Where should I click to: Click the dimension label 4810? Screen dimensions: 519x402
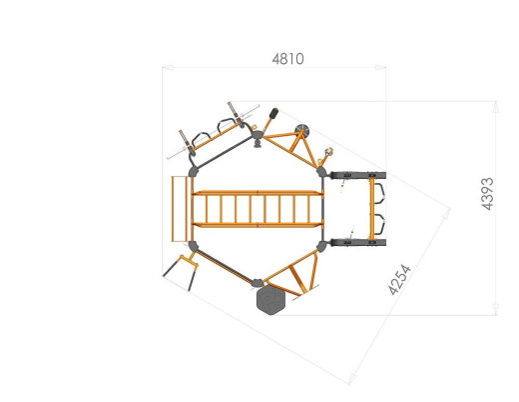(287, 59)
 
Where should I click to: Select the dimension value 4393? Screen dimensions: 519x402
(488, 194)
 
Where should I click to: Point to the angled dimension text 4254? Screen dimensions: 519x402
(399, 280)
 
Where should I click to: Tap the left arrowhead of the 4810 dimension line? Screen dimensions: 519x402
(168, 68)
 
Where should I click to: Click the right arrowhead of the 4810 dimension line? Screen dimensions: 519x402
(380, 68)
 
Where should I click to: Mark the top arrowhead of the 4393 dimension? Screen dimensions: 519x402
(496, 107)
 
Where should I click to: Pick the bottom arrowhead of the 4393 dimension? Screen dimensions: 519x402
(496, 309)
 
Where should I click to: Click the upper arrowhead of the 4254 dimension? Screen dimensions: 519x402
(446, 213)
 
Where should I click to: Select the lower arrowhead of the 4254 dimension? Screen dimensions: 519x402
(351, 379)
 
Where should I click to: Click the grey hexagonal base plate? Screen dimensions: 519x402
(270, 300)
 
